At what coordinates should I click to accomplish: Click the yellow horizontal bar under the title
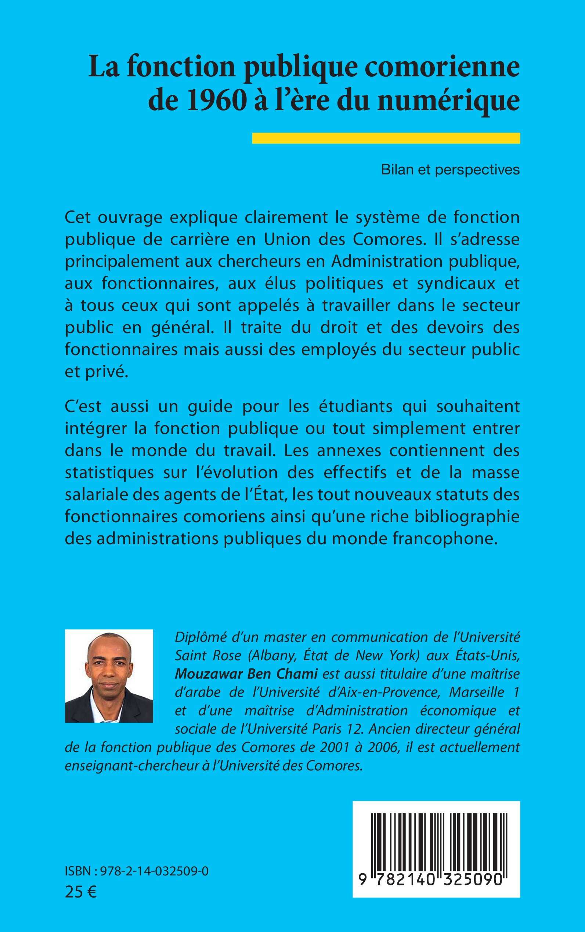(386, 138)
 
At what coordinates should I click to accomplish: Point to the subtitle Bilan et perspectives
(450, 170)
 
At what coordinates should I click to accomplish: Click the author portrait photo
(109, 676)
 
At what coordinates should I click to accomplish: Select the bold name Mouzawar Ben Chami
(246, 673)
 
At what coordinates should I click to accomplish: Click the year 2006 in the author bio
(383, 748)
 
